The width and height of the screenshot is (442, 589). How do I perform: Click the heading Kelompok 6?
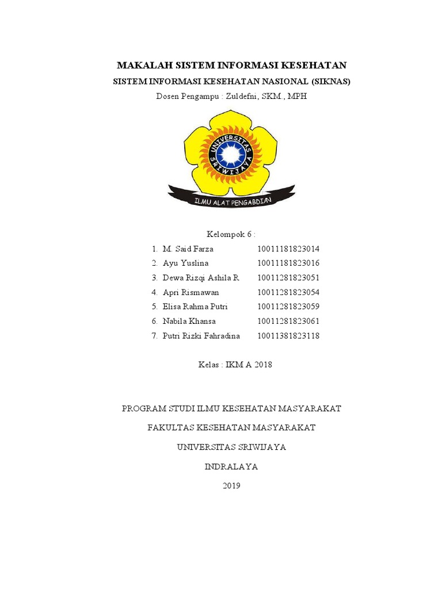[230, 235]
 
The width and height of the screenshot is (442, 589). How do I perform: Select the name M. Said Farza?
[188, 249]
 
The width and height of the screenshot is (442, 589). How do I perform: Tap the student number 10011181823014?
[288, 249]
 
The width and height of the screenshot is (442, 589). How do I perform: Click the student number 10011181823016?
[288, 263]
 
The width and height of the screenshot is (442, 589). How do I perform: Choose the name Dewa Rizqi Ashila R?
[201, 278]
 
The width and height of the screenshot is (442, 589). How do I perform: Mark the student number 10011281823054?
[288, 292]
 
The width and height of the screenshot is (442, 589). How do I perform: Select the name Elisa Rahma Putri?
[195, 307]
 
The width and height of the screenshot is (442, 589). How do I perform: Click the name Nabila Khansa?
[189, 321]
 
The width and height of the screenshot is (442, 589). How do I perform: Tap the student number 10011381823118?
[288, 335]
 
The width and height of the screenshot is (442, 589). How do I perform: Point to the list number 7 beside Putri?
[154, 335]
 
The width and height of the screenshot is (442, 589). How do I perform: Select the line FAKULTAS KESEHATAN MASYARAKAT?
[231, 428]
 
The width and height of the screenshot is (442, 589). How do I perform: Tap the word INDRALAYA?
[231, 466]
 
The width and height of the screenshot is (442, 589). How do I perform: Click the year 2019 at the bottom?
[231, 486]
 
